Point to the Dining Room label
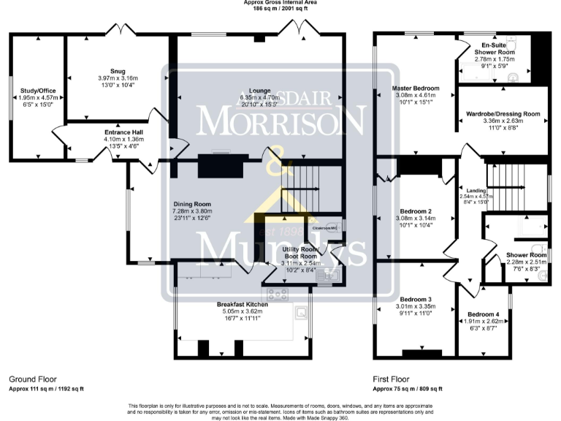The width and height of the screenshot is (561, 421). point(191,205)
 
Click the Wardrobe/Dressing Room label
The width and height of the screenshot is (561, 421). point(503,114)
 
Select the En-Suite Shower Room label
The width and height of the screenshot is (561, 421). point(495,45)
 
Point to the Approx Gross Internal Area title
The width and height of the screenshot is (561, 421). point(280,3)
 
